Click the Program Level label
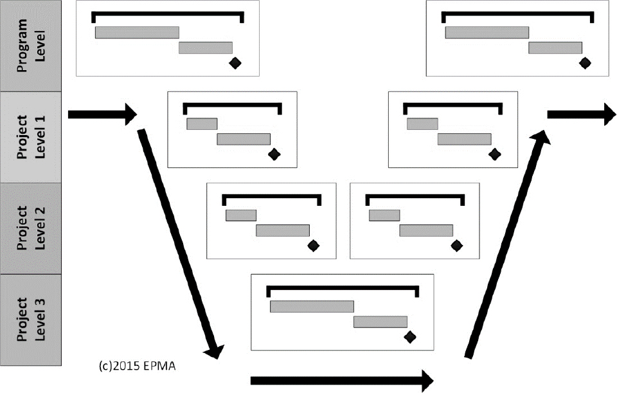[x=31, y=45]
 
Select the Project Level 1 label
[x=31, y=136]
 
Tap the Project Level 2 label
[x=31, y=228]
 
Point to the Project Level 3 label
[x=31, y=319]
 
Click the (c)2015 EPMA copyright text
[x=138, y=367]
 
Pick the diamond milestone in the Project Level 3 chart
[x=410, y=336]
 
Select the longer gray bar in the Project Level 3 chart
[x=312, y=306]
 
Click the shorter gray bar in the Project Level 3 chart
[x=380, y=322]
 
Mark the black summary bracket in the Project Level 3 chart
[x=342, y=286]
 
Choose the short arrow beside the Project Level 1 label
[x=102, y=114]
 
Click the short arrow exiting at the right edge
[x=581, y=114]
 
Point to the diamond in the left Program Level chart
[x=235, y=62]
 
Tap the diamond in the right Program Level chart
[x=585, y=62]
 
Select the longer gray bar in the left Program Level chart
[x=137, y=32]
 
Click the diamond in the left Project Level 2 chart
[x=314, y=245]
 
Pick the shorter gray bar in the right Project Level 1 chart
[x=422, y=123]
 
